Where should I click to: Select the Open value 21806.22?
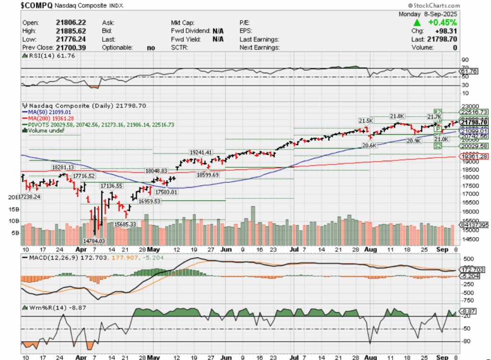pyautogui.click(x=70, y=23)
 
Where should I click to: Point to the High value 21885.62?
pyautogui.click(x=70, y=31)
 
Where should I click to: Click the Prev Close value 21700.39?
pyautogui.click(x=70, y=48)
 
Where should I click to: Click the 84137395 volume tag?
pyautogui.click(x=474, y=224)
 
